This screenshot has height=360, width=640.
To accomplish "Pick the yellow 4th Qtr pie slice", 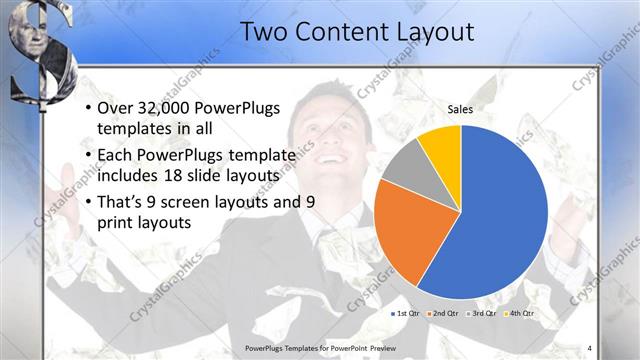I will click(x=441, y=146).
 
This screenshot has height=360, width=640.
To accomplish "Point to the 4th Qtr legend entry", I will click(x=520, y=314).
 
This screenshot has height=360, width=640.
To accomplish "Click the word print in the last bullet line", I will click(x=116, y=223).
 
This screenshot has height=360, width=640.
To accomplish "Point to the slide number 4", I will click(x=589, y=348).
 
